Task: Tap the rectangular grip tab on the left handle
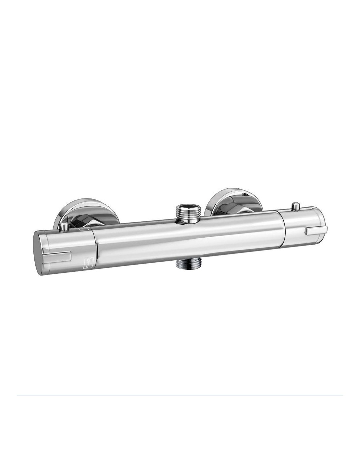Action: pyautogui.click(x=61, y=256)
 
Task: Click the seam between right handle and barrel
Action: pyautogui.click(x=286, y=229)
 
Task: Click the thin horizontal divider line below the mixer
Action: pyautogui.click(x=180, y=396)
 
